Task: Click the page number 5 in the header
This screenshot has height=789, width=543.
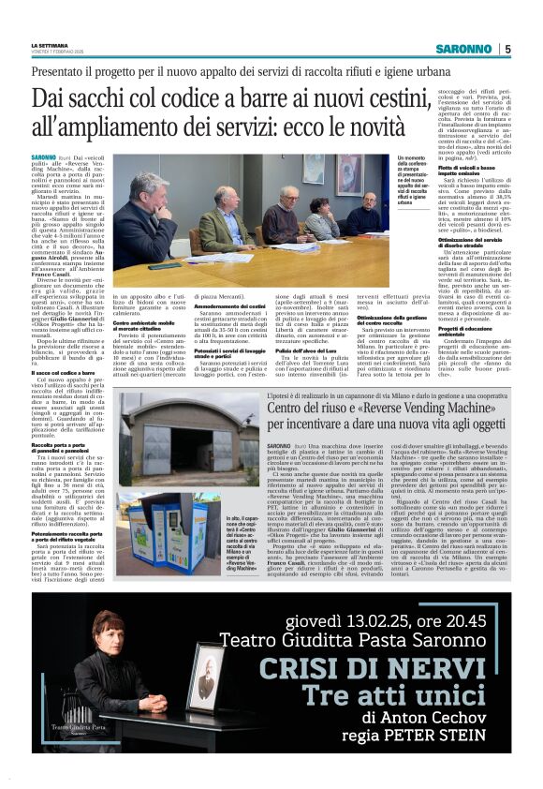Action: tap(506, 49)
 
